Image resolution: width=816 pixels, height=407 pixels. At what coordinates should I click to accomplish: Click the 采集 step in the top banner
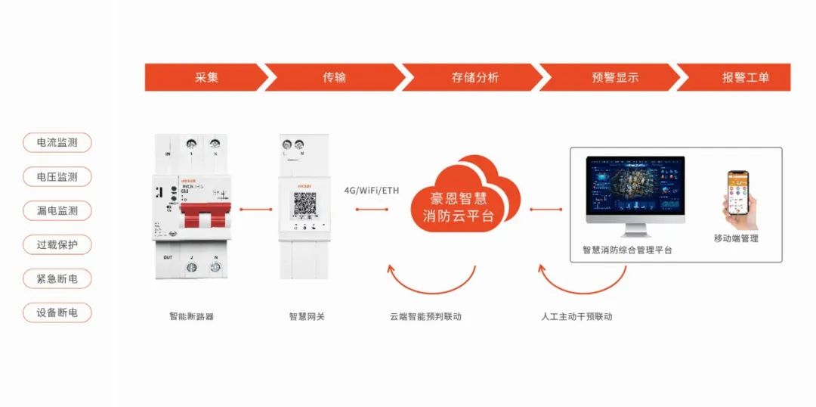coord(206,77)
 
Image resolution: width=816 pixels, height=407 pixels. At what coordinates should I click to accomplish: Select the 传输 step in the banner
coord(334,77)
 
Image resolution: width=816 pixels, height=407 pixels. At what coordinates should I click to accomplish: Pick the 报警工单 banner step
coord(745,77)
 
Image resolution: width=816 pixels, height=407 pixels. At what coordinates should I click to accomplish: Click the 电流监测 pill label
coord(57,142)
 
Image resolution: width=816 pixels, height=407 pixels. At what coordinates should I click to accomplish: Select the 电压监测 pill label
coord(57,176)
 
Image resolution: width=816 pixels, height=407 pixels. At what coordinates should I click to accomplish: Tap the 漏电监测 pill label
coord(57,210)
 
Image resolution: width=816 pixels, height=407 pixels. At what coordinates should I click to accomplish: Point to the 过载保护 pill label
coord(57,244)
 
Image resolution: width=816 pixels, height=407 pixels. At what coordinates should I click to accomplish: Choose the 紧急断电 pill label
coord(57,278)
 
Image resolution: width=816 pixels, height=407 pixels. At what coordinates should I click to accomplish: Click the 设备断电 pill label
coord(57,312)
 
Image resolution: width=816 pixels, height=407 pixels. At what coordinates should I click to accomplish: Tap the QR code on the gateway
coord(304,204)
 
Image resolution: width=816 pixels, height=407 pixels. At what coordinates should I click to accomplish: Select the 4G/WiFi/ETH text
coord(371,190)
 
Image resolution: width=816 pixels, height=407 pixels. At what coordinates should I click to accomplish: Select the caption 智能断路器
coord(192,316)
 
